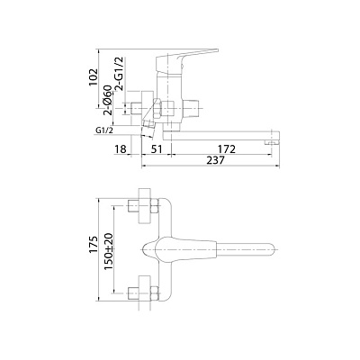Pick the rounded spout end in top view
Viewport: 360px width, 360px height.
268,248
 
